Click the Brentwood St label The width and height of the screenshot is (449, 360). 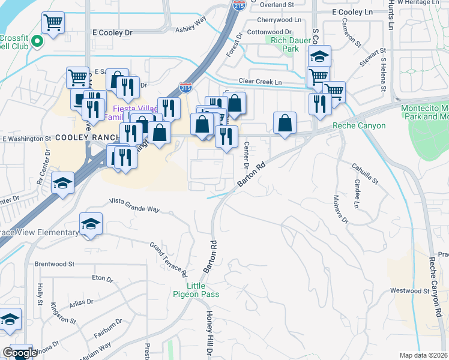point(54,263)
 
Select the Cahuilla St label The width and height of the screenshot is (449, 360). point(366,173)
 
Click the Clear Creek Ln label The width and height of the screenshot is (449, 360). point(260,81)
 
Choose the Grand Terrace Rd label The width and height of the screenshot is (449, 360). point(169,256)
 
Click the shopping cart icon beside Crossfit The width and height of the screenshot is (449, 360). point(53,23)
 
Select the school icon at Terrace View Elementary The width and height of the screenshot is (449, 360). point(90,224)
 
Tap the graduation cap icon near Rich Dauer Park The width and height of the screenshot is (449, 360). point(320,57)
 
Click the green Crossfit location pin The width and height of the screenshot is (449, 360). point(37,42)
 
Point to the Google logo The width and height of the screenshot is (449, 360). point(20,353)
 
